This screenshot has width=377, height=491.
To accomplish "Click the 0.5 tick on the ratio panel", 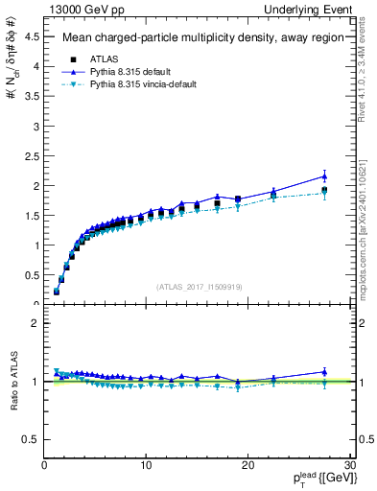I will (x=32, y=439).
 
